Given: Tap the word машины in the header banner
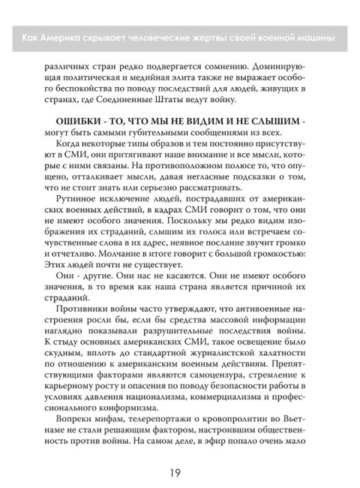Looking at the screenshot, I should (x=319, y=38).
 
